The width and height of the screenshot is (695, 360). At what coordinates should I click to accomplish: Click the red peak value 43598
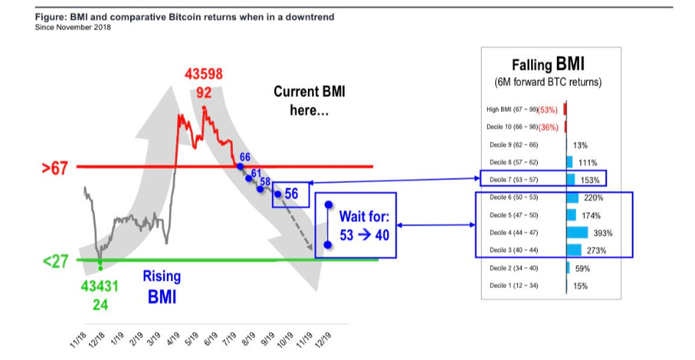[204, 74]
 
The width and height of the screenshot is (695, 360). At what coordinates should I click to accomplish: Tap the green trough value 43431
[100, 287]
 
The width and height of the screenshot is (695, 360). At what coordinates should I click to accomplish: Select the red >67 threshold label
[55, 168]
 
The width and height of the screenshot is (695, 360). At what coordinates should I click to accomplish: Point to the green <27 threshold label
[55, 262]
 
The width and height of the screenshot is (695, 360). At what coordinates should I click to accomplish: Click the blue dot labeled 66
[240, 166]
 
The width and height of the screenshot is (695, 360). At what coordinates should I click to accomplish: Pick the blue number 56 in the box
[291, 193]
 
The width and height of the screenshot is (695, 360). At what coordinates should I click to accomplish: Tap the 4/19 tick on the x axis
[173, 339]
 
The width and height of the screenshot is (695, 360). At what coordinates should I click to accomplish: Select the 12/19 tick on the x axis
[323, 340]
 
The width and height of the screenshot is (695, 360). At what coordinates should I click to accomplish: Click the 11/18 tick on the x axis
[78, 340]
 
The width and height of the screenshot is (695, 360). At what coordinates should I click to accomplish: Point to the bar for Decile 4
[577, 232]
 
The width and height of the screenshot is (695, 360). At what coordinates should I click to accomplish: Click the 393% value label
[603, 233]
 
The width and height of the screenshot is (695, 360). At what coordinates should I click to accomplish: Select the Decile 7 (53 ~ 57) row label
[514, 179]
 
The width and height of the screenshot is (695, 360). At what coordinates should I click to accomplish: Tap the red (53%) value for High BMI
[547, 110]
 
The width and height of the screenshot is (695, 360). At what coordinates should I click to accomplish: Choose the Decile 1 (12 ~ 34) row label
[514, 286]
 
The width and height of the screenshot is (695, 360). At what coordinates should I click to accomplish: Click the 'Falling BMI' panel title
[548, 65]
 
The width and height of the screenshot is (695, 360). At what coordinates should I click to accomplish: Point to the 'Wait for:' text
[364, 216]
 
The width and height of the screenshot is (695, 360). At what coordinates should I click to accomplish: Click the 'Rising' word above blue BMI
[162, 276]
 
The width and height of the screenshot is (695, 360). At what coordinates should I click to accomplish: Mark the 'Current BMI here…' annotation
[309, 101]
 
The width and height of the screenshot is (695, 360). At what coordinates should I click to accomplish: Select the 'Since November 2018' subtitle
[73, 27]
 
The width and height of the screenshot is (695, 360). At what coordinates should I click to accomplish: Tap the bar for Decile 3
[574, 250]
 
